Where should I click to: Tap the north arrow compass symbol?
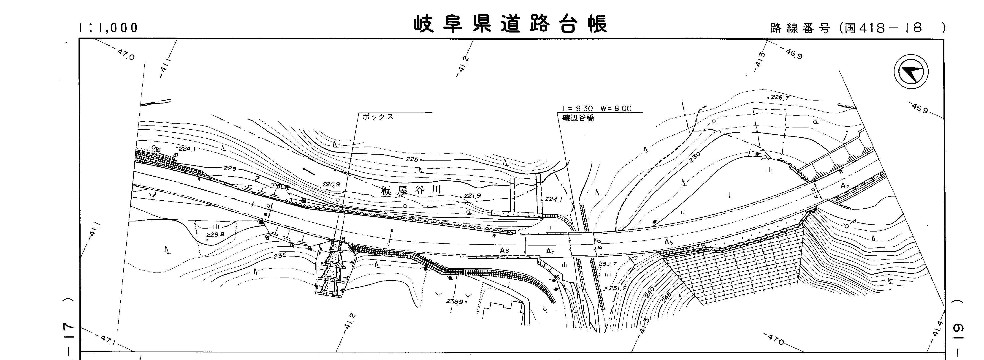click(x=911, y=73)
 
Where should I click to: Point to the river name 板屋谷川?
click(x=411, y=190)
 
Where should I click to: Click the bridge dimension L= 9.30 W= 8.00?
click(x=597, y=109)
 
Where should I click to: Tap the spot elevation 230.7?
click(x=607, y=264)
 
